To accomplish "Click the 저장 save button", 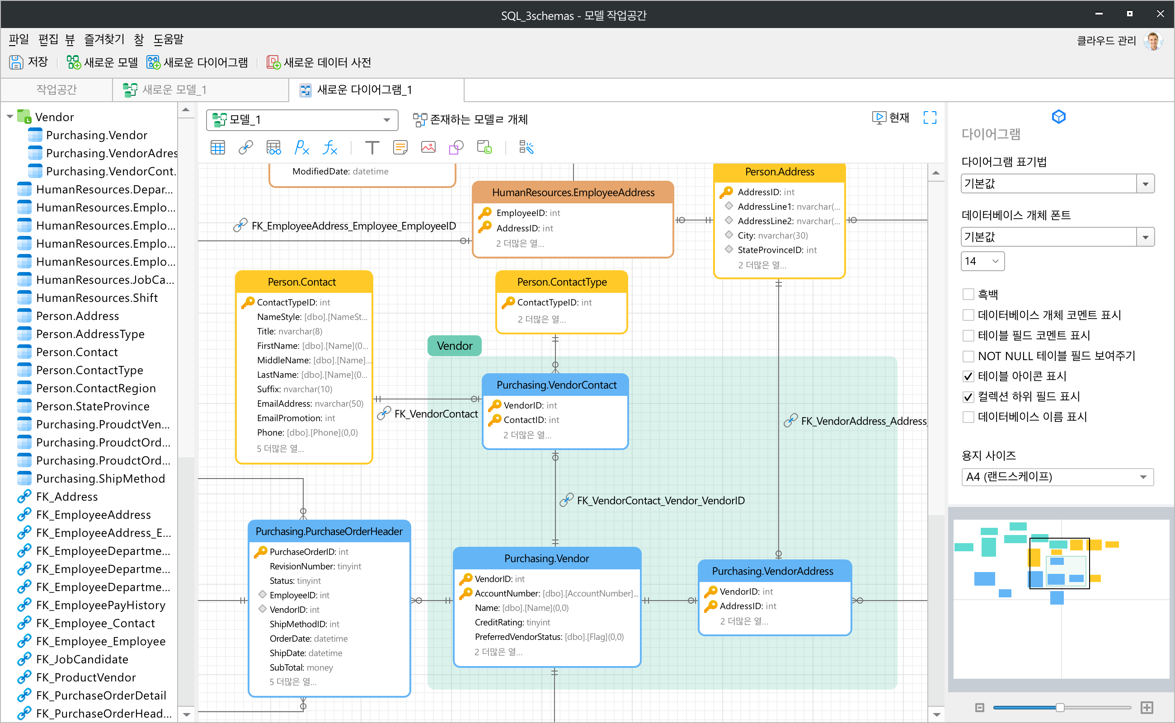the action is pyautogui.click(x=28, y=62).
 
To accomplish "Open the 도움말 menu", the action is pyautogui.click(x=168, y=39).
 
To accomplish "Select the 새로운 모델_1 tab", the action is pyautogui.click(x=165, y=89).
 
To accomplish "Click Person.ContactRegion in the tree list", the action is pyautogui.click(x=96, y=388).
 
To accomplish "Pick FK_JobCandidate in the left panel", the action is pyautogui.click(x=82, y=659).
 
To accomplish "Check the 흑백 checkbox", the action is pyautogui.click(x=968, y=294).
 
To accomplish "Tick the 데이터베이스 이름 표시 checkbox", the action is pyautogui.click(x=968, y=417).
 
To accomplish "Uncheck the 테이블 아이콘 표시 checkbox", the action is pyautogui.click(x=968, y=376).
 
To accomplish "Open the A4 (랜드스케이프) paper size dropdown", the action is pyautogui.click(x=1057, y=477).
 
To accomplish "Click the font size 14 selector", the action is pyautogui.click(x=982, y=261).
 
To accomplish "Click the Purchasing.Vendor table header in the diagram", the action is pyautogui.click(x=547, y=559).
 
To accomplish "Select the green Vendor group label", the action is pyautogui.click(x=454, y=346).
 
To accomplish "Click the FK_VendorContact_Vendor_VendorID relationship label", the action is pyautogui.click(x=660, y=501).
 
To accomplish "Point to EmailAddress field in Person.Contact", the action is pyautogui.click(x=310, y=404).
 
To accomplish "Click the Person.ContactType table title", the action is pyautogui.click(x=562, y=282).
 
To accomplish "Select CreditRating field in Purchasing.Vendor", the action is pyautogui.click(x=512, y=623).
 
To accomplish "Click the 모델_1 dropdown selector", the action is pyautogui.click(x=302, y=120).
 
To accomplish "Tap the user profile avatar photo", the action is pyautogui.click(x=1153, y=41).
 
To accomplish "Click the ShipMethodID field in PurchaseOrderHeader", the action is pyautogui.click(x=304, y=624).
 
